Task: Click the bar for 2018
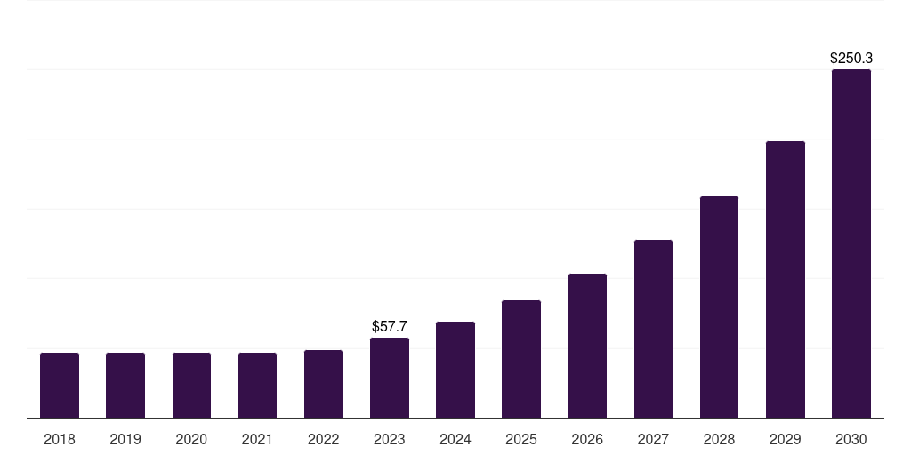point(60,386)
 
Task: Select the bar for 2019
point(125,386)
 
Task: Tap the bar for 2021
point(257,386)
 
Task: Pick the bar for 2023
point(390,378)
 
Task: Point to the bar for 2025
point(521,359)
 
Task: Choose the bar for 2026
point(587,346)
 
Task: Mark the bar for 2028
point(719,307)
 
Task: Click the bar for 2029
point(786,280)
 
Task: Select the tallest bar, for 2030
point(851,243)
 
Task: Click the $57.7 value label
point(390,327)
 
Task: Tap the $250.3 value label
point(851,58)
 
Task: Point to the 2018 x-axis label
point(60,439)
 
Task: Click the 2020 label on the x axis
point(191,439)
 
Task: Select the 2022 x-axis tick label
point(323,439)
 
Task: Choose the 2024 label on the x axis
point(455,439)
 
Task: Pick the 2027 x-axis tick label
point(653,439)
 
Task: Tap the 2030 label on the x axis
point(851,439)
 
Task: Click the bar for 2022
point(323,384)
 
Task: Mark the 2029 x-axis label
point(786,439)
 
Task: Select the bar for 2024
point(455,370)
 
